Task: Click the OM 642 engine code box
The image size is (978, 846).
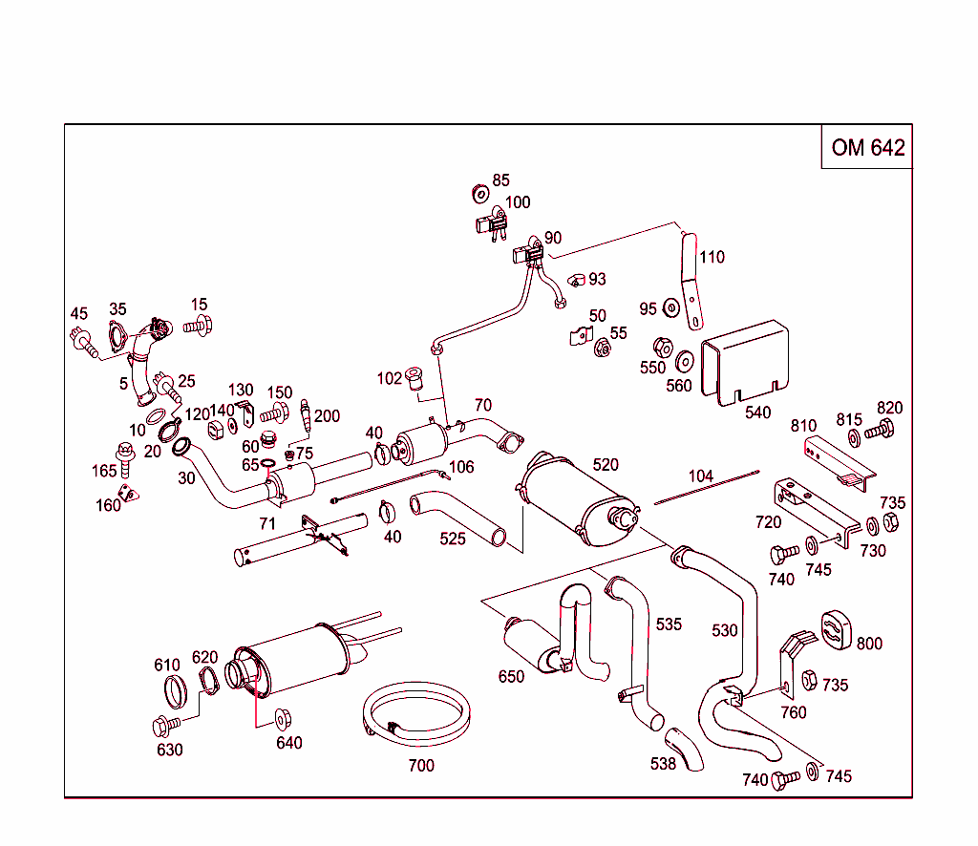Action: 867,147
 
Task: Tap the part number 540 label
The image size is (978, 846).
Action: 757,412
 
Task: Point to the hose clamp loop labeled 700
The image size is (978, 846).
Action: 418,714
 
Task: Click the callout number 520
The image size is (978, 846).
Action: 606,465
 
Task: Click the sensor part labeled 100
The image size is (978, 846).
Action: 491,227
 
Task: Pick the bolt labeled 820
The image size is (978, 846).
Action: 881,432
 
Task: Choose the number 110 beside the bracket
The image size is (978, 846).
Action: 712,257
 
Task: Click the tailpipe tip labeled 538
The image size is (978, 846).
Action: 684,749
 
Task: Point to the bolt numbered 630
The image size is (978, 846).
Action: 163,726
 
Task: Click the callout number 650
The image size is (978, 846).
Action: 511,676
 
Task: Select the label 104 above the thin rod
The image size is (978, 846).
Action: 700,476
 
